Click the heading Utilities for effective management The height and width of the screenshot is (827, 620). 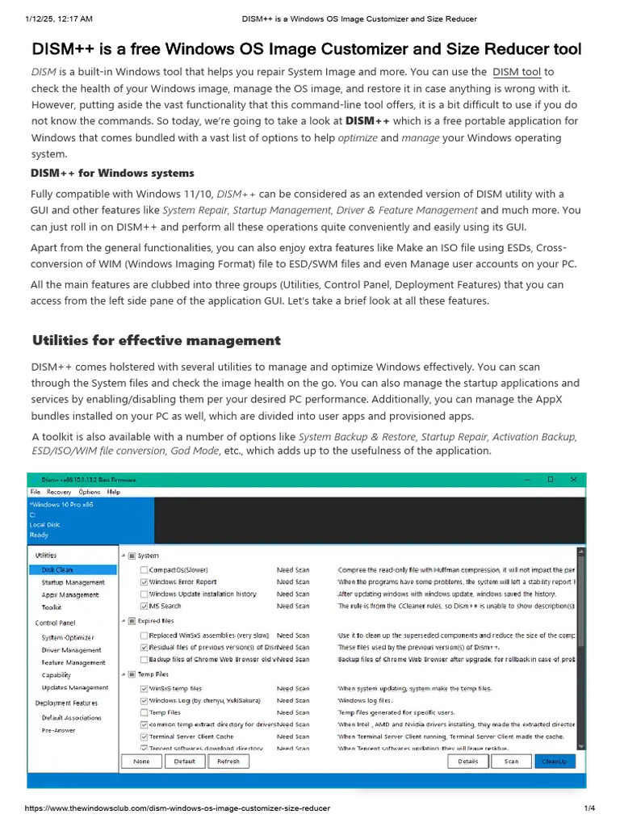[x=156, y=340]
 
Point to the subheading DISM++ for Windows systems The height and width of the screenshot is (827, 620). [x=112, y=173]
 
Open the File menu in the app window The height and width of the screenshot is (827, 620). [x=36, y=491]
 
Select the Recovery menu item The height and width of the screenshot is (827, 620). [x=59, y=491]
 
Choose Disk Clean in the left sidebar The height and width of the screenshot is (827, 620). [x=57, y=569]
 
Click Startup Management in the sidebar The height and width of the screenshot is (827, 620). [x=73, y=582]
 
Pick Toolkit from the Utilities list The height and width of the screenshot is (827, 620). [x=52, y=607]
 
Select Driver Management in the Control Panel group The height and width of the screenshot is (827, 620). [x=71, y=649]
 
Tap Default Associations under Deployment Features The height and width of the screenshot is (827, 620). [x=72, y=717]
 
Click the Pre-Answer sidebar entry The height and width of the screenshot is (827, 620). [x=58, y=729]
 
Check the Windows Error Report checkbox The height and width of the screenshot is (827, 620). [x=144, y=581]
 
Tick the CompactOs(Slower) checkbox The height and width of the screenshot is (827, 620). [x=144, y=569]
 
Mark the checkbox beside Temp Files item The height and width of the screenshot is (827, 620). [x=144, y=712]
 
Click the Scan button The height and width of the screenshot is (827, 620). [x=512, y=761]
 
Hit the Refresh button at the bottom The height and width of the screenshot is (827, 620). [x=228, y=761]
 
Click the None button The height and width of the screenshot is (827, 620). [x=141, y=761]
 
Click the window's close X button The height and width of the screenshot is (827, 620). [x=572, y=479]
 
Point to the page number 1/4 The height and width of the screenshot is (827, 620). [x=589, y=808]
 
